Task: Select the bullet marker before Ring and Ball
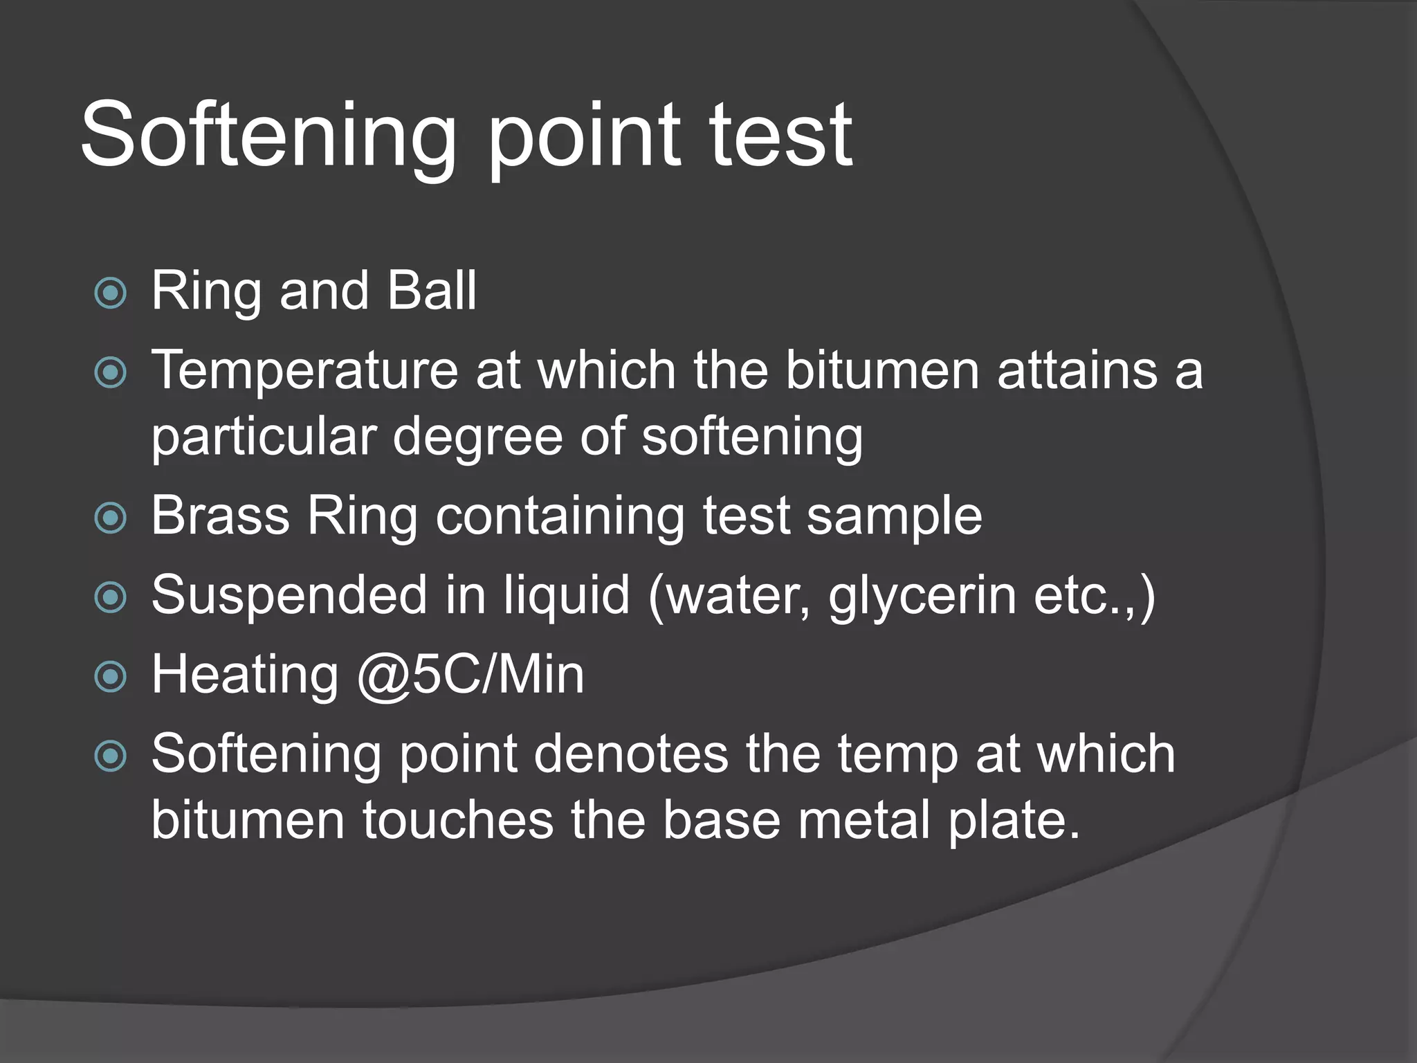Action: point(111,293)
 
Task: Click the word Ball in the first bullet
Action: point(432,291)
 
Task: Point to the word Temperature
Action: point(304,372)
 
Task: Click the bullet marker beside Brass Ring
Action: point(111,518)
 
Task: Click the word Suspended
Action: point(289,595)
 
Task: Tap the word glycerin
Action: point(922,597)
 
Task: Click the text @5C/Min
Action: point(470,675)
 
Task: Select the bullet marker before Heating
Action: point(111,677)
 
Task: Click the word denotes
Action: point(630,754)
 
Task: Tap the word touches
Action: point(458,821)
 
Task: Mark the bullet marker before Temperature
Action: point(111,374)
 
